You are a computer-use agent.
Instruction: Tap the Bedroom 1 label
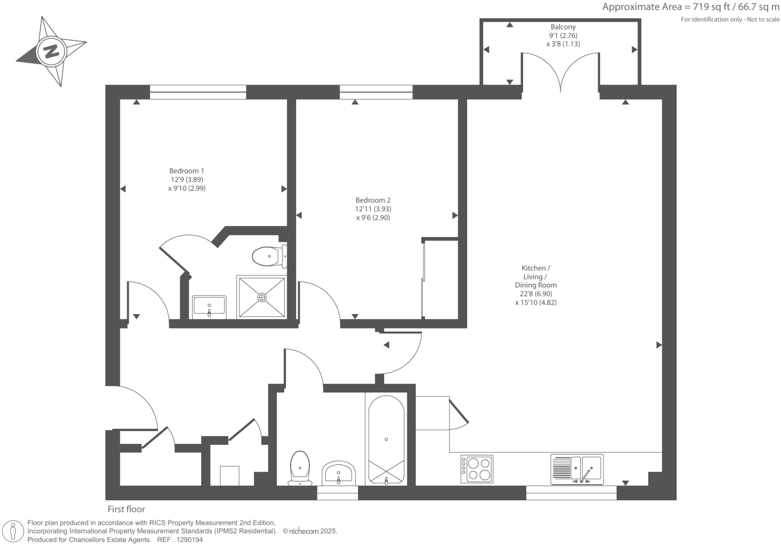187,180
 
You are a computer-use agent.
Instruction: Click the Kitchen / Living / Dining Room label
536,285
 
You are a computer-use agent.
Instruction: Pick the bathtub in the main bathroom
386,439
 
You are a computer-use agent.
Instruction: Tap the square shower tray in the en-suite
262,297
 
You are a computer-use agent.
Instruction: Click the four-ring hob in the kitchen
477,469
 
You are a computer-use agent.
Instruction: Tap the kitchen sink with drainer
577,469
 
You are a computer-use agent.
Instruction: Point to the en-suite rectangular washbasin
209,307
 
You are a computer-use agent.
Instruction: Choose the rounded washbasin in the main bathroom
339,474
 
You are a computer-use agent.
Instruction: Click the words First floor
126,509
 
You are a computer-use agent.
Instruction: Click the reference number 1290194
188,539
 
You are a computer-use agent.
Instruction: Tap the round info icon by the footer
13,531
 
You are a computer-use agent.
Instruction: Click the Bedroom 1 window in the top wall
198,92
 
